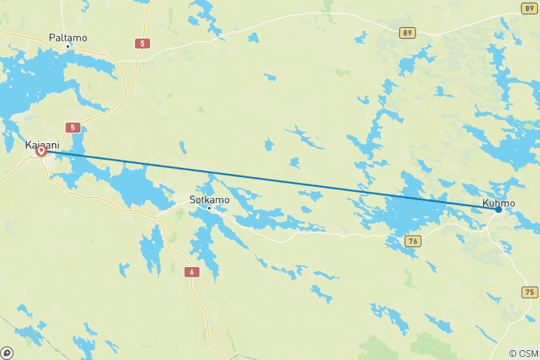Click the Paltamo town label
[67, 36]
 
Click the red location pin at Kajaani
[41, 151]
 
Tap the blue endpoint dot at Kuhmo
[498, 209]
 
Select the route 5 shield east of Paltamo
[142, 43]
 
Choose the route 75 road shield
[529, 292]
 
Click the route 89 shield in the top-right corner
[529, 7]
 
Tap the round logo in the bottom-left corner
[7, 352]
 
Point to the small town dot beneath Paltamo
[68, 46]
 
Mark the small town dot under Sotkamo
[209, 208]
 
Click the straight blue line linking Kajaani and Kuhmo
[270, 180]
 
